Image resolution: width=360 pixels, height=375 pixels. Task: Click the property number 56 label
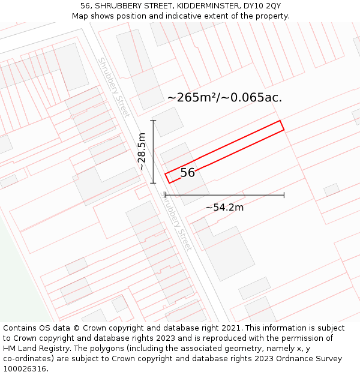click(187, 173)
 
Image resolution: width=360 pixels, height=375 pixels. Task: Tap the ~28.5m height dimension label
click(142, 152)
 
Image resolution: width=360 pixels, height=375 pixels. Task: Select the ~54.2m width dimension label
click(224, 208)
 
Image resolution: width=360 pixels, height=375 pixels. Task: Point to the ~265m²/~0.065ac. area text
click(224, 97)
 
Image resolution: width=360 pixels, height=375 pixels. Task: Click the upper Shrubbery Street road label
click(114, 88)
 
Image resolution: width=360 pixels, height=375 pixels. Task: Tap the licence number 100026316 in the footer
click(25, 369)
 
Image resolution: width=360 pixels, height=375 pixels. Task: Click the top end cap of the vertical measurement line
click(153, 121)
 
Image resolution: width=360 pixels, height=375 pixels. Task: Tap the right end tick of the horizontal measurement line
click(284, 195)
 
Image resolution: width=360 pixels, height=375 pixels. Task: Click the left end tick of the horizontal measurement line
click(165, 195)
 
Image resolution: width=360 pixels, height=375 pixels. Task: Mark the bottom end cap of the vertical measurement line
click(153, 183)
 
